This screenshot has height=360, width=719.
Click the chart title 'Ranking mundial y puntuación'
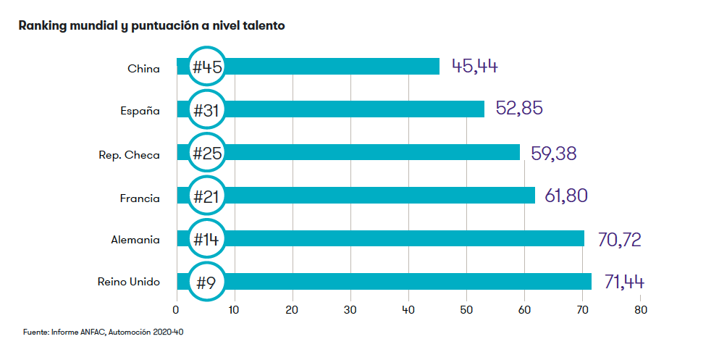pos(152,26)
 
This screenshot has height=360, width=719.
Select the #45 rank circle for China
pos(207,67)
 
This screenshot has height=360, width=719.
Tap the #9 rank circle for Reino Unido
pos(207,282)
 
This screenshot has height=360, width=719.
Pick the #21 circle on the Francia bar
pos(207,196)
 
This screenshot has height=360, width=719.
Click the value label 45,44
pos(475,67)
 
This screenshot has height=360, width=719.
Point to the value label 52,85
pos(519,109)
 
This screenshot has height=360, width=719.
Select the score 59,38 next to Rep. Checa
pos(555,153)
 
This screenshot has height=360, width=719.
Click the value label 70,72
pos(619,239)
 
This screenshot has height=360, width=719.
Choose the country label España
pos(140,111)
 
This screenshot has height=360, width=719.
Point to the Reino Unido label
pos(128,282)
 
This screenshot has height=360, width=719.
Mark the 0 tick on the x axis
pos(176,309)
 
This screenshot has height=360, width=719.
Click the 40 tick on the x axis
pos(408,309)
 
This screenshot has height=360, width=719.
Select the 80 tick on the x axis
pos(640,309)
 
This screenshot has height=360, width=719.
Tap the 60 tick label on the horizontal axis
pos(524,309)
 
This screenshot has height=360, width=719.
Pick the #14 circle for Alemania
pos(207,239)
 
